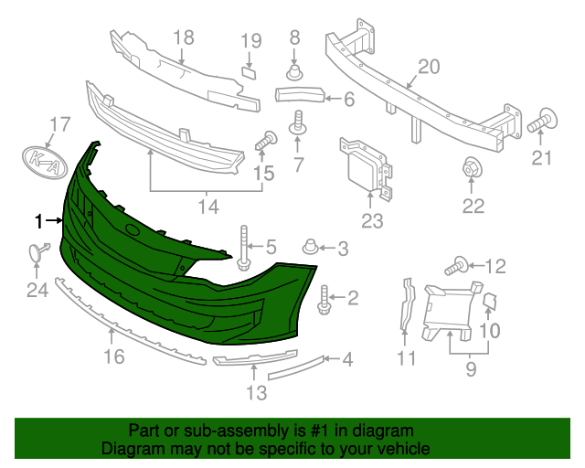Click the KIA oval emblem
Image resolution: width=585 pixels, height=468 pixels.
click(x=45, y=163)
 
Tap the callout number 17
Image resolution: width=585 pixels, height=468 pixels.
click(x=60, y=124)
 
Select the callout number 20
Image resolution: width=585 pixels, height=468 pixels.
click(x=429, y=67)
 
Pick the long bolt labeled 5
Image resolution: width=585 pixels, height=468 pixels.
click(x=244, y=248)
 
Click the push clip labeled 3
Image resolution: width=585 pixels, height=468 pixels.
click(x=311, y=247)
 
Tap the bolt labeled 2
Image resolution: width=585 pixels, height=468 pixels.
click(x=324, y=299)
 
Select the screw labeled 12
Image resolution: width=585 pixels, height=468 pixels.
click(x=456, y=266)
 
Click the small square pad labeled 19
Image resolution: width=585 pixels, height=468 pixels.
click(x=250, y=72)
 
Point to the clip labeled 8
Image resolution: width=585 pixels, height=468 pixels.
click(x=294, y=72)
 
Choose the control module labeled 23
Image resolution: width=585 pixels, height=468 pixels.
click(x=366, y=168)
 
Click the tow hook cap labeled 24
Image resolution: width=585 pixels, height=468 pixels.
click(x=38, y=251)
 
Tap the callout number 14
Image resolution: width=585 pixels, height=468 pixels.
click(x=208, y=207)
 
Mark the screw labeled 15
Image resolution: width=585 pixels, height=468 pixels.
click(x=266, y=141)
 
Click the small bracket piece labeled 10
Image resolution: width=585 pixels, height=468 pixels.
click(x=490, y=302)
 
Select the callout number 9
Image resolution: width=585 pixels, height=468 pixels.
click(x=471, y=369)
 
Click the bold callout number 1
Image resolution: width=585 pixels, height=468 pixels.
click(x=38, y=221)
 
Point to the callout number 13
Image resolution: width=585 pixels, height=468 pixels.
click(x=256, y=393)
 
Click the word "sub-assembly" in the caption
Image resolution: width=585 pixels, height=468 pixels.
click(x=237, y=431)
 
